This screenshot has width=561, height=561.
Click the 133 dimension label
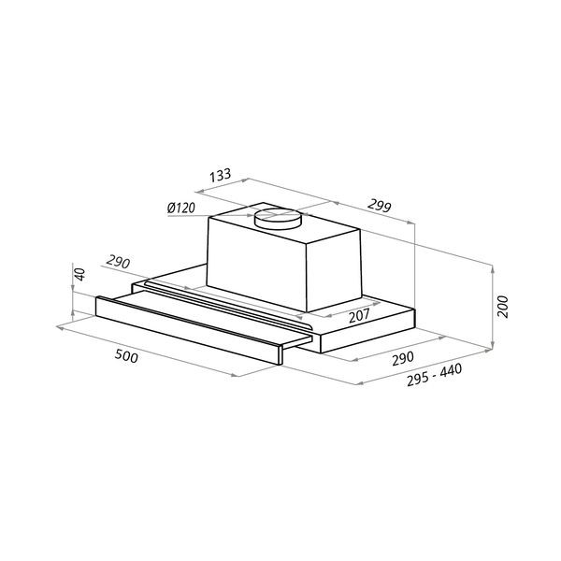tap(221, 175)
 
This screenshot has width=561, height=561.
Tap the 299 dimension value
tap(380, 206)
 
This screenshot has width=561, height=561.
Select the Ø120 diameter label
tap(181, 208)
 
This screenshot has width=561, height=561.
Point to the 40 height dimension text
tap(80, 274)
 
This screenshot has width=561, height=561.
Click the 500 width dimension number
tap(126, 356)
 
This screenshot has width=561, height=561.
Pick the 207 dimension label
tap(359, 316)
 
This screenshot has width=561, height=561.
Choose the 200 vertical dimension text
tap(503, 307)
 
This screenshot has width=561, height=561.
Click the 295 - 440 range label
tap(435, 375)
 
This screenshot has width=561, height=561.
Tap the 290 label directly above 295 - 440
tap(403, 358)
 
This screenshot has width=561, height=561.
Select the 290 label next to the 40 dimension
tap(118, 262)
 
